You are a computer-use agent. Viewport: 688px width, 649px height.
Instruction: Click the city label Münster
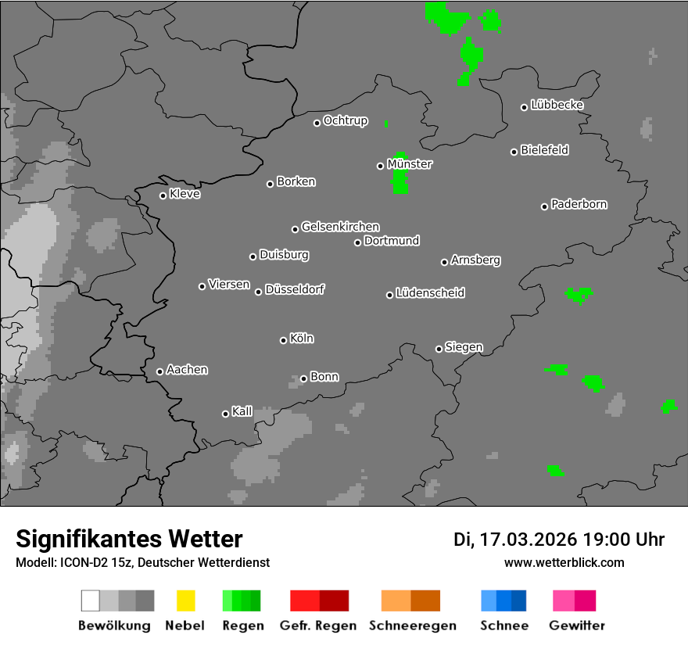click(x=410, y=164)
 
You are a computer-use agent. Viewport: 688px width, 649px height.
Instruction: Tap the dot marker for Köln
click(x=283, y=340)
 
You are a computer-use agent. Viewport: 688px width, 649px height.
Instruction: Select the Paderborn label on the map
click(x=579, y=204)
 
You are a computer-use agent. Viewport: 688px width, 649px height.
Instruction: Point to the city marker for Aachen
click(x=159, y=371)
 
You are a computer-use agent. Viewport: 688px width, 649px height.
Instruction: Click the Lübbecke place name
click(x=557, y=105)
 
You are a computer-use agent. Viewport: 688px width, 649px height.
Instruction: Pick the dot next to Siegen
click(x=439, y=349)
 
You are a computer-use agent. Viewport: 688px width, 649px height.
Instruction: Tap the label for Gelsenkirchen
click(x=341, y=227)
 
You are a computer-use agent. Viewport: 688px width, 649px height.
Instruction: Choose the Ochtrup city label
click(x=346, y=120)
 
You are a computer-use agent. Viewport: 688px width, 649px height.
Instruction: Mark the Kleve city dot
click(x=163, y=195)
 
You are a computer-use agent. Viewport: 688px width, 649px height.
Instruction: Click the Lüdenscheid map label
click(x=431, y=293)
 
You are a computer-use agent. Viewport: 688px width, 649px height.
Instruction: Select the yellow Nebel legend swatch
click(x=185, y=601)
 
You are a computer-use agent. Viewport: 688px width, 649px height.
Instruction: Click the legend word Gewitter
click(x=577, y=626)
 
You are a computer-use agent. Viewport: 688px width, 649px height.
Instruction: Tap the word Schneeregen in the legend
click(x=410, y=626)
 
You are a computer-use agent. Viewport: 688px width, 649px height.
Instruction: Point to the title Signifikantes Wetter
click(x=129, y=539)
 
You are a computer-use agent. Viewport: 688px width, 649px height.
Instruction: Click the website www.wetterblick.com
click(x=564, y=562)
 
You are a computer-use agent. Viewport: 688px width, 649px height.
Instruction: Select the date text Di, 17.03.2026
click(x=515, y=540)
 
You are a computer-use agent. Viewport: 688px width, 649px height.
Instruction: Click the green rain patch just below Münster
click(x=400, y=183)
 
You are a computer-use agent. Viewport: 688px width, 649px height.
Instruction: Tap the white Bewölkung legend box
click(x=90, y=601)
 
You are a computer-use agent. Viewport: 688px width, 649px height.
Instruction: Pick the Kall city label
click(x=242, y=411)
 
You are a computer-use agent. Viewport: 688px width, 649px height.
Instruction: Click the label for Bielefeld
click(x=545, y=150)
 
